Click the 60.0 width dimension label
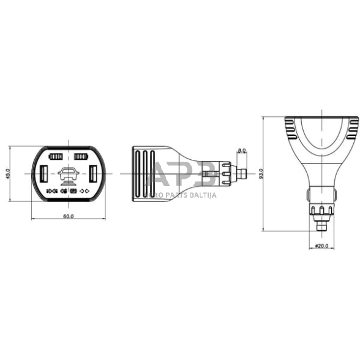[x=68, y=216]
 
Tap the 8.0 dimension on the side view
[x=241, y=150]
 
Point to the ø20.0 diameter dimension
[x=321, y=246]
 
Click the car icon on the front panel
[x=67, y=176]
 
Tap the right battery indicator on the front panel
[x=80, y=157]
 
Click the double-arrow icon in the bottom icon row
[x=85, y=192]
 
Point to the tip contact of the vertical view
[x=321, y=225]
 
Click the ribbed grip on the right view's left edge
[x=288, y=128]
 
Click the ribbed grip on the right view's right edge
[x=353, y=128]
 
